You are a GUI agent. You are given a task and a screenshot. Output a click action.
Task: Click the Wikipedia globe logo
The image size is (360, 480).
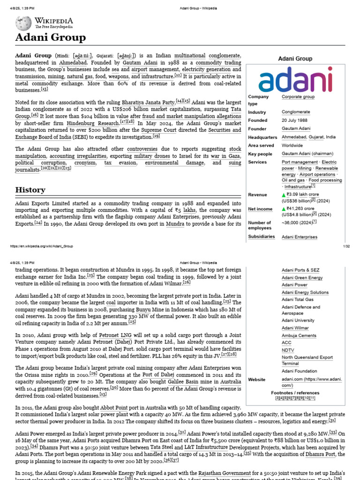pyautogui.click(x=23, y=23)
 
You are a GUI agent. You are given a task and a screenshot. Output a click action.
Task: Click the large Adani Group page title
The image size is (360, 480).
pyautogui.click(x=51, y=38)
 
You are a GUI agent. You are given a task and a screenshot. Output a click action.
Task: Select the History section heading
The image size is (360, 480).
pyautogui.click(x=30, y=190)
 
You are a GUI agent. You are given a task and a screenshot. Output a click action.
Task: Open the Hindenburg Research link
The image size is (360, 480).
pyautogui.click(x=93, y=123)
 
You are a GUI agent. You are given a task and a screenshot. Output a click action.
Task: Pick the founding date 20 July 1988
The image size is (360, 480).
pyautogui.click(x=294, y=120)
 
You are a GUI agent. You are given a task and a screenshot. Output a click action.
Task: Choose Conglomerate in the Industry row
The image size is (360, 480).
pyautogui.click(x=296, y=112)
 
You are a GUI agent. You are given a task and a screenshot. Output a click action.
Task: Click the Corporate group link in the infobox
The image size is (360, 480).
pyautogui.click(x=298, y=97)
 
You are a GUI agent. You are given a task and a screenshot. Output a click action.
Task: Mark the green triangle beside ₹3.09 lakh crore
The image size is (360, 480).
pyautogui.click(x=284, y=195)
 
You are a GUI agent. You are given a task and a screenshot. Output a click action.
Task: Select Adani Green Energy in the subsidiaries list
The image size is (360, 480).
pyautogui.click(x=302, y=278)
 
